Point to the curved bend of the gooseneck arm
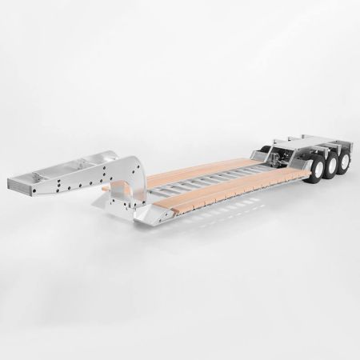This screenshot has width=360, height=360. (135, 171)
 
